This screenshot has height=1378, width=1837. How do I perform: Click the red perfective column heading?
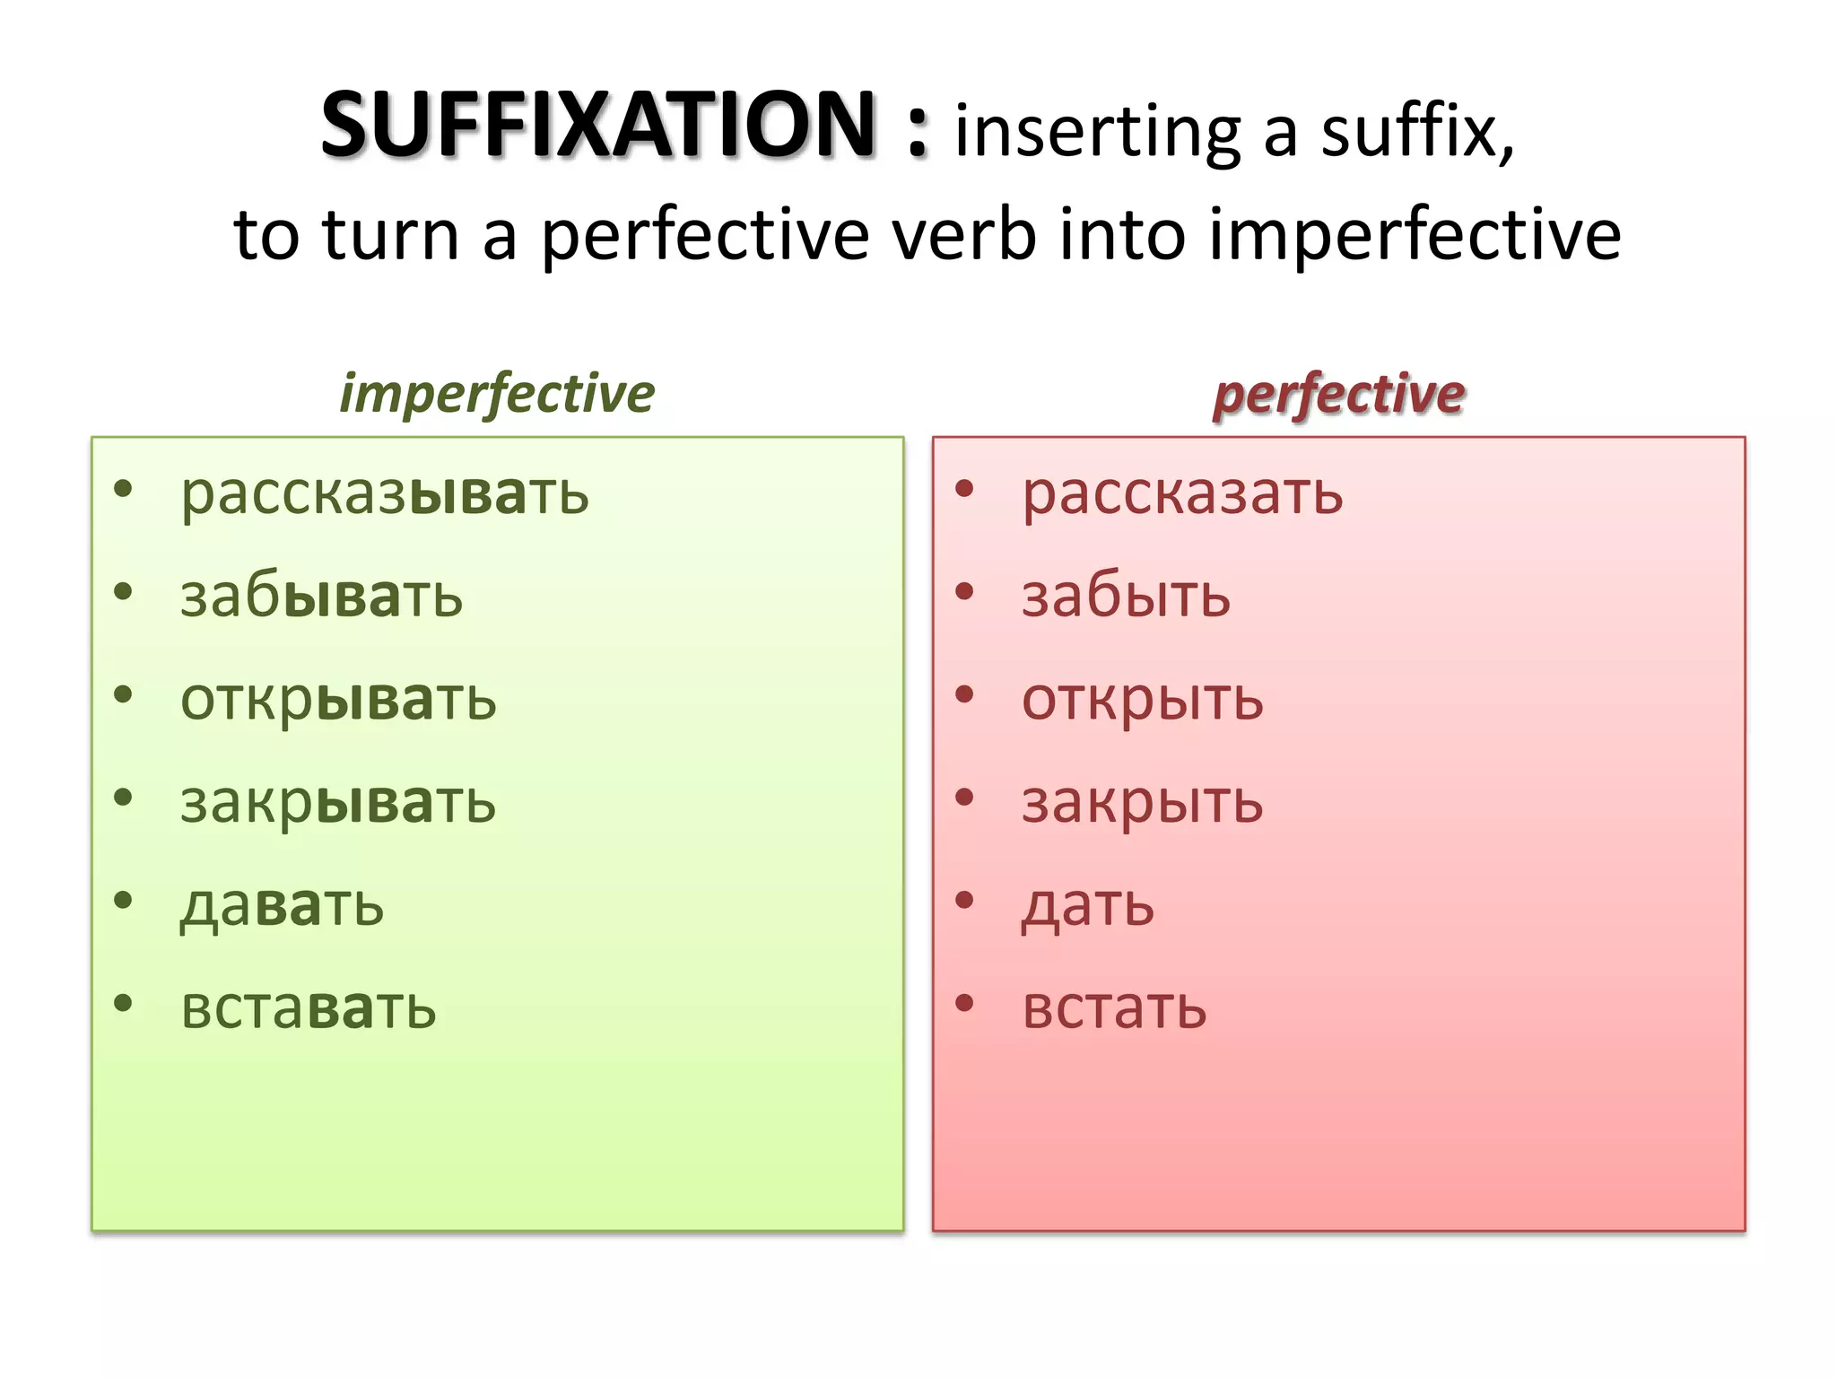[1338, 395]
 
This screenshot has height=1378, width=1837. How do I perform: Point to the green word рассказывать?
[385, 495]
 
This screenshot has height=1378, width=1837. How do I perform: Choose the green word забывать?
[321, 597]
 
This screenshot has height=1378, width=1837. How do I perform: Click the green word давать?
[282, 906]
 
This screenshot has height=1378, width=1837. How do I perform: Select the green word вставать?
[308, 1009]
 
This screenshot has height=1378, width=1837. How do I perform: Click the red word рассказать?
[1182, 495]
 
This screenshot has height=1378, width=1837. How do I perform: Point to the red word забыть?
[1126, 597]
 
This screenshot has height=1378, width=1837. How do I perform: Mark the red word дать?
[1087, 906]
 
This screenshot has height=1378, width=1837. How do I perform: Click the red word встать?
[1114, 1009]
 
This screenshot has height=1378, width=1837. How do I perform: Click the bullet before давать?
[124, 900]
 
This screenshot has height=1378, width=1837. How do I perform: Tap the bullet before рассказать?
[964, 489]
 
